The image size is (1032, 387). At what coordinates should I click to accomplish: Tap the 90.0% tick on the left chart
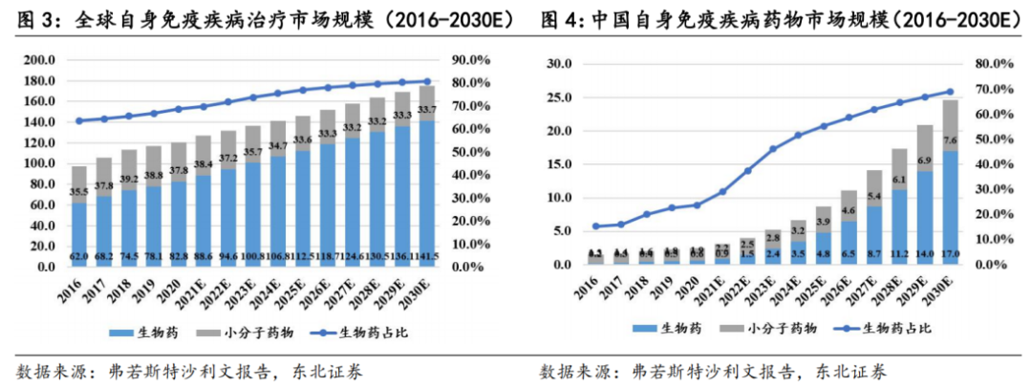pyautogui.click(x=470, y=59)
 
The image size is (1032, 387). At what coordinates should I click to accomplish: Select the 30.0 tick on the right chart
pyautogui.click(x=556, y=64)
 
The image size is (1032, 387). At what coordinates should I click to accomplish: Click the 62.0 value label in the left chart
pyautogui.click(x=78, y=256)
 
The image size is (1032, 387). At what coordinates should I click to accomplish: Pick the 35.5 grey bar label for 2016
pyautogui.click(x=78, y=191)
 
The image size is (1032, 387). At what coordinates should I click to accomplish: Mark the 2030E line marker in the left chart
pyautogui.click(x=427, y=82)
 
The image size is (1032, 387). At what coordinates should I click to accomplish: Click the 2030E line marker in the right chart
pyautogui.click(x=950, y=92)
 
